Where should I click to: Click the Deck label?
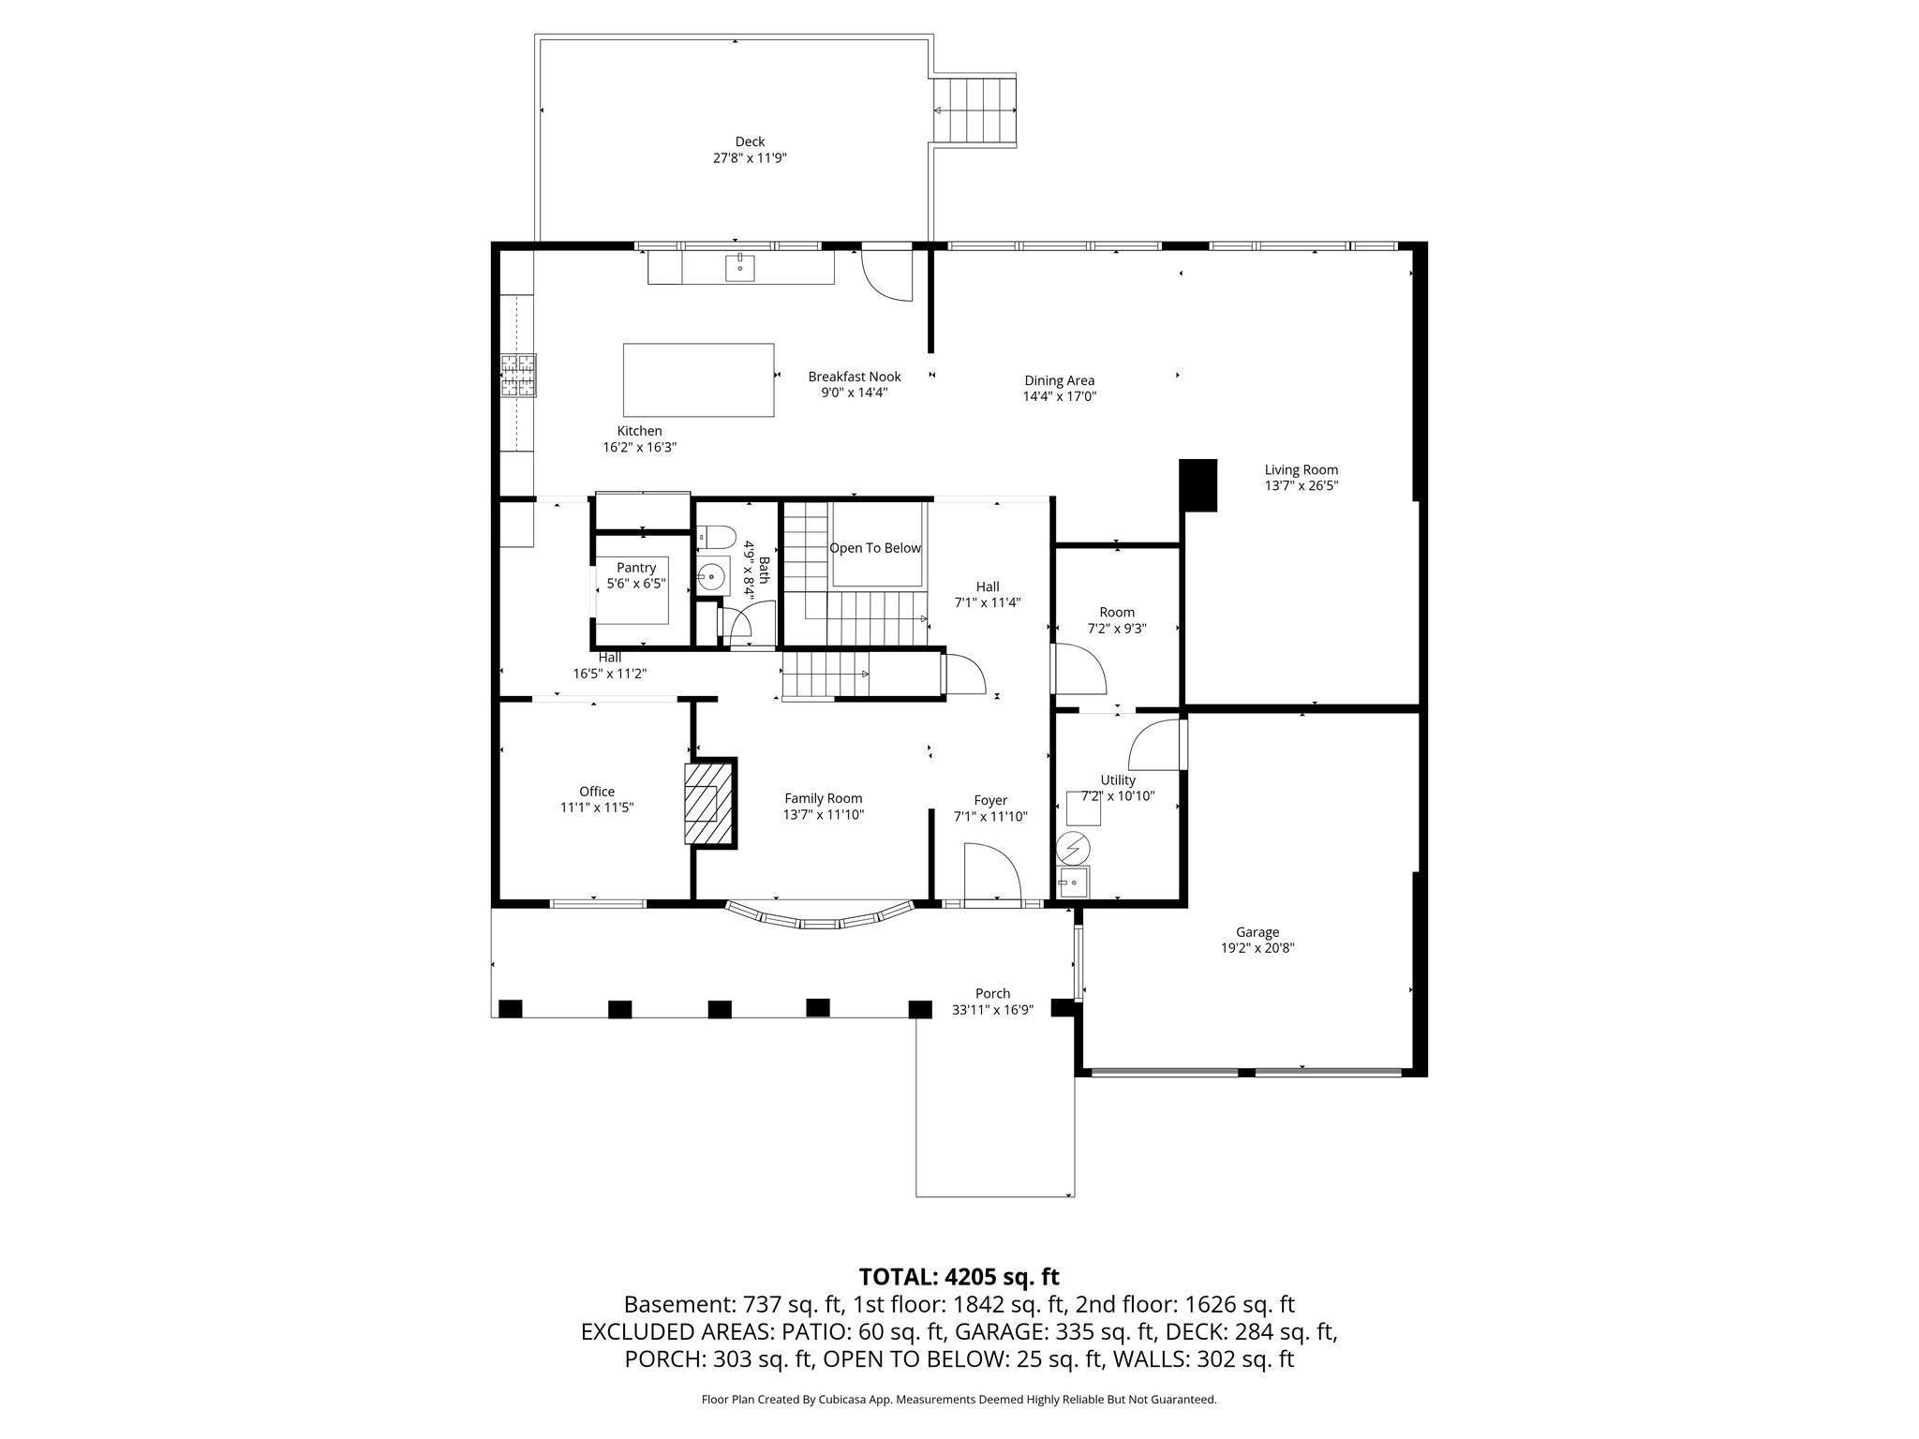pyautogui.click(x=750, y=141)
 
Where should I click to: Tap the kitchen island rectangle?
pyautogui.click(x=699, y=379)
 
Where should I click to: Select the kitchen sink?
pyautogui.click(x=740, y=267)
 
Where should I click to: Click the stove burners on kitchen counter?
pyautogui.click(x=518, y=376)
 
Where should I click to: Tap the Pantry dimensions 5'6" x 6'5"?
pyautogui.click(x=636, y=584)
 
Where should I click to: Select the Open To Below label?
pyautogui.click(x=875, y=548)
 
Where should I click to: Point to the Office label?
pyautogui.click(x=597, y=792)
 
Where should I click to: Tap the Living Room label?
pyautogui.click(x=1301, y=470)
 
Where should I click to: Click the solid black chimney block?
pyautogui.click(x=1198, y=484)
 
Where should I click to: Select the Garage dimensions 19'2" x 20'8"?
pyautogui.click(x=1257, y=948)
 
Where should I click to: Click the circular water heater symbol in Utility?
pyautogui.click(x=1074, y=849)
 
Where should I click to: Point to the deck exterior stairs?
pyautogui.click(x=975, y=111)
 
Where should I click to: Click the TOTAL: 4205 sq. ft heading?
pyautogui.click(x=959, y=1276)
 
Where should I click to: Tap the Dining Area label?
pyautogui.click(x=1059, y=380)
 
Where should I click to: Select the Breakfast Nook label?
pyautogui.click(x=855, y=377)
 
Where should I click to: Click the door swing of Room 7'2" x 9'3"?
pyautogui.click(x=1080, y=668)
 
